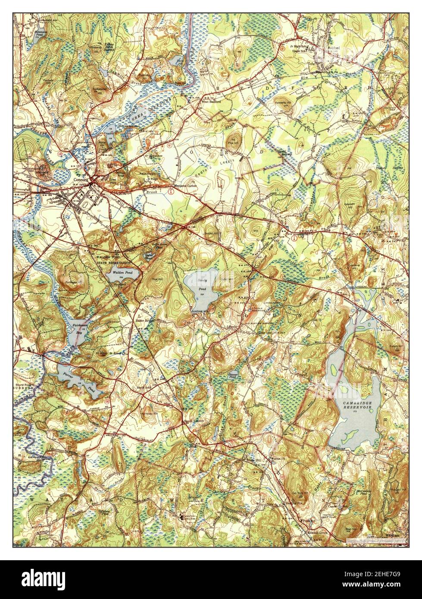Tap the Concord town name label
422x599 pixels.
[x=81, y=180]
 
